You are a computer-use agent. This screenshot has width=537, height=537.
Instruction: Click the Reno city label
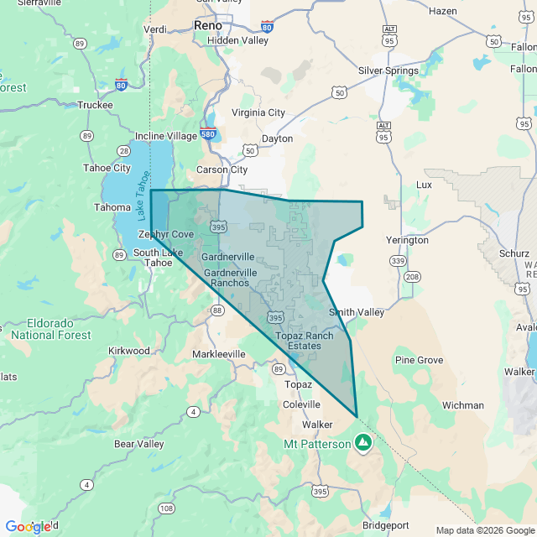point(207,25)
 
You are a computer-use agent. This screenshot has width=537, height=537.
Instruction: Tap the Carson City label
point(222,169)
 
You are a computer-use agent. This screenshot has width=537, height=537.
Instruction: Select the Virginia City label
point(258,112)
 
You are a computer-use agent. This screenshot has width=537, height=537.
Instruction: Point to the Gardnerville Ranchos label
point(227,278)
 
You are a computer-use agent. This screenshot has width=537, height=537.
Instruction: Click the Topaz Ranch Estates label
point(304,341)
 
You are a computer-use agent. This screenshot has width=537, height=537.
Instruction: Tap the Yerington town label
point(407,240)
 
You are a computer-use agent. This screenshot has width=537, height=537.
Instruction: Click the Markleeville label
point(219,354)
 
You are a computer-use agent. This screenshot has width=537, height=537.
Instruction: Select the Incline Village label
point(166,136)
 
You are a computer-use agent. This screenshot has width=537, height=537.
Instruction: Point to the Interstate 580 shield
point(210,134)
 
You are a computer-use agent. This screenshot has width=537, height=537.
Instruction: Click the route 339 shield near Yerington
point(397,262)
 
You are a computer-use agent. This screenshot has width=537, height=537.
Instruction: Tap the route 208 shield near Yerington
point(412,276)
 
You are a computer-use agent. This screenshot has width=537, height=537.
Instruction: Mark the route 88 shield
point(217,310)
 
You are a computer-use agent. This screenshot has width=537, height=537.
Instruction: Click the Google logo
point(29,526)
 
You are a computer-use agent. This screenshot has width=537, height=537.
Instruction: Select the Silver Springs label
point(388,70)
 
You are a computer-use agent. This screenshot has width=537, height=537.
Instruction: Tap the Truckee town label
point(95,105)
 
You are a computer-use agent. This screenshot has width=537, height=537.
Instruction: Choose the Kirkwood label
point(129,351)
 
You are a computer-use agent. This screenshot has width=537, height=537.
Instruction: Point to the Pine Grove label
point(419,360)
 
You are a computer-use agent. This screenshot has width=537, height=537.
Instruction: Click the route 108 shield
point(166,508)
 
